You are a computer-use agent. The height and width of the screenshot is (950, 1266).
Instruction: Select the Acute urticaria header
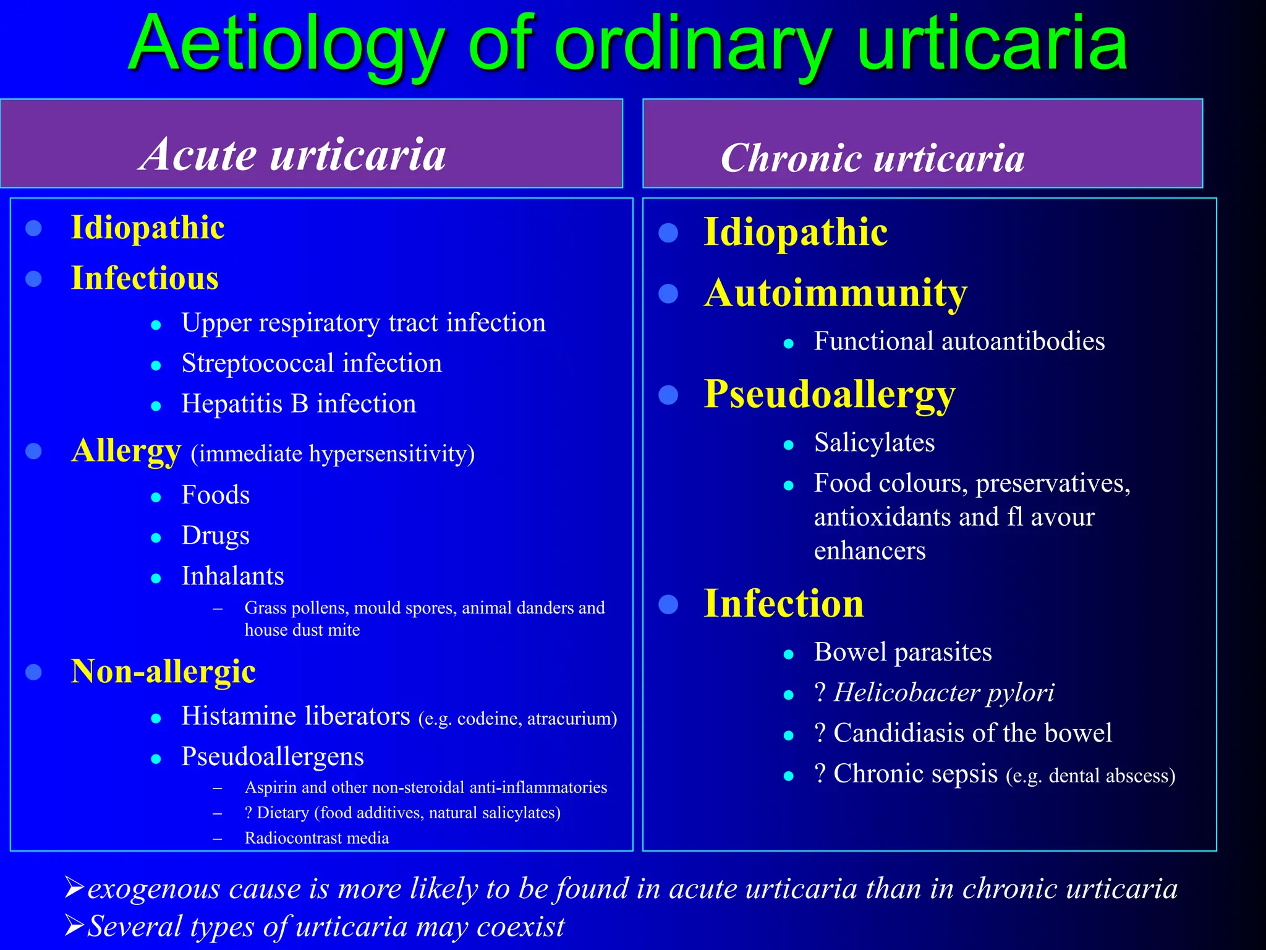tap(292, 155)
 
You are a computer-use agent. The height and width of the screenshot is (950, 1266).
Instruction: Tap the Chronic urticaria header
tap(872, 158)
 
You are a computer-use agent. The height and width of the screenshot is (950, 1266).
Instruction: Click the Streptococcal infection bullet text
tap(312, 364)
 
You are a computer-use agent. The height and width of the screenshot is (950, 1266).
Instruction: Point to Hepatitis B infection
tap(299, 404)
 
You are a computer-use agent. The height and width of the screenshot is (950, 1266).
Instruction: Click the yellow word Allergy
tap(126, 451)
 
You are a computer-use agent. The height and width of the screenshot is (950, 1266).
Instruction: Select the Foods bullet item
tap(215, 495)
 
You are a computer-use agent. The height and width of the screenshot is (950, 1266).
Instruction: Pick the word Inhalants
tap(232, 576)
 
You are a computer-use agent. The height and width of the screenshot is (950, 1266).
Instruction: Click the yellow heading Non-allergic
tap(163, 672)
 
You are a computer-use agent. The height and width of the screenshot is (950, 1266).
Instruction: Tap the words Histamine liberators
tap(295, 716)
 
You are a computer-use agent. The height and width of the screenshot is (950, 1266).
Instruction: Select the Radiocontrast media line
tap(316, 838)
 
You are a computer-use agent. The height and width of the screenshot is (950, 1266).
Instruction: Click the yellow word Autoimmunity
tap(836, 293)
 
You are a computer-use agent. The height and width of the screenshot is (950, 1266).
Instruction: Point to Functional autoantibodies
tap(959, 341)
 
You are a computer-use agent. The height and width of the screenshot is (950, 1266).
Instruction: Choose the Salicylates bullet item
tap(874, 443)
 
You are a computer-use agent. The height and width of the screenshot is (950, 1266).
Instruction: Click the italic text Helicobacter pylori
tap(943, 693)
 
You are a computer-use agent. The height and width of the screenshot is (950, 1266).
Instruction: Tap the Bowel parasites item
tap(903, 653)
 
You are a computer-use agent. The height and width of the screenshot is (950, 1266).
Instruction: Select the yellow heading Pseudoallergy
tap(830, 395)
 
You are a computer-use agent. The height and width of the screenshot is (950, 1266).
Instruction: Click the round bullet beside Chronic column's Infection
tap(668, 604)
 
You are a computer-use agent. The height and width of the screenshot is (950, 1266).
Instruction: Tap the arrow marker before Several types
tap(74, 926)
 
